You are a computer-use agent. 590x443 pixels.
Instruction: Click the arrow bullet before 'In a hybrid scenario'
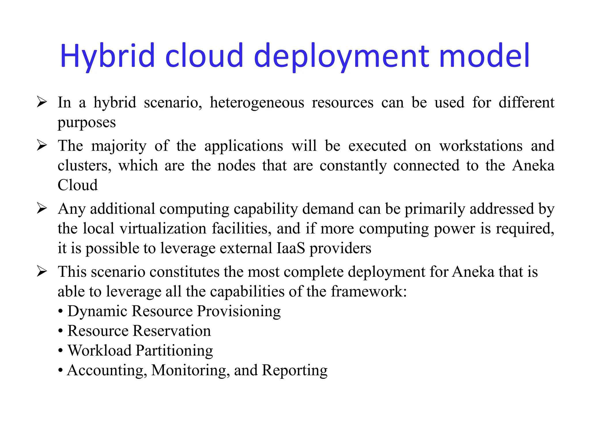[42, 102]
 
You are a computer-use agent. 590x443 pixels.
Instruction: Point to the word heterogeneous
[257, 103]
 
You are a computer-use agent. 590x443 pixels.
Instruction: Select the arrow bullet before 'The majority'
[42, 146]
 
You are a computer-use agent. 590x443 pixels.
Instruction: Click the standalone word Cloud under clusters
[78, 185]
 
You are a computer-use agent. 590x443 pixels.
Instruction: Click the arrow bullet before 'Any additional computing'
[42, 209]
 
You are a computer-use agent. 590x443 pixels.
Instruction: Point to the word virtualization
[163, 228]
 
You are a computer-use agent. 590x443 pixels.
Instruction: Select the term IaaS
[291, 248]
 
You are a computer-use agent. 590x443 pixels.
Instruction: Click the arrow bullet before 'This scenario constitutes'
[42, 272]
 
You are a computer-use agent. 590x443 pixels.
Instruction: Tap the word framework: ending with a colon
[369, 291]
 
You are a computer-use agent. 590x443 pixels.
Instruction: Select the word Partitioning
[174, 351]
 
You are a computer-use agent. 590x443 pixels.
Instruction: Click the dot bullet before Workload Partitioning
[60, 351]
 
